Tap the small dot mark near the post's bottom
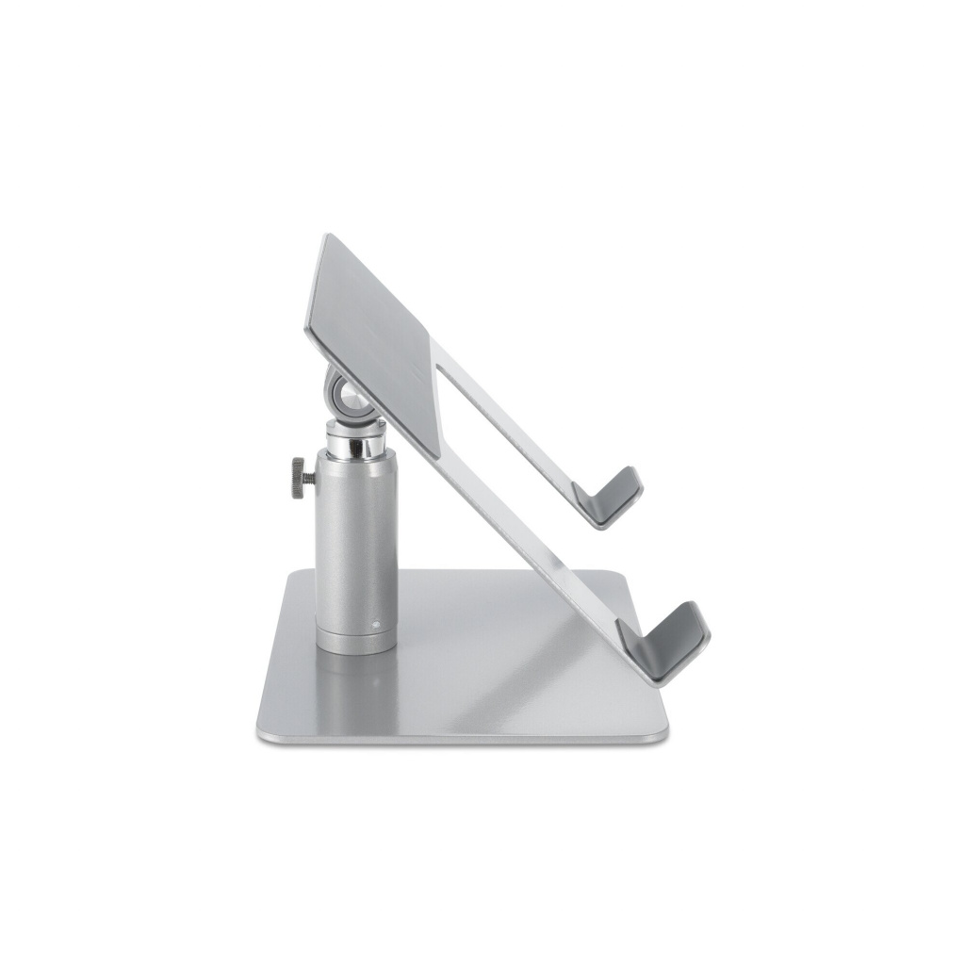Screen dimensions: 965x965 [375, 622]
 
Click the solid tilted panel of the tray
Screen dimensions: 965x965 [377, 320]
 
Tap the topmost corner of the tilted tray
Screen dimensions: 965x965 [325, 237]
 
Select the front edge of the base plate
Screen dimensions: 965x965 [462, 736]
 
